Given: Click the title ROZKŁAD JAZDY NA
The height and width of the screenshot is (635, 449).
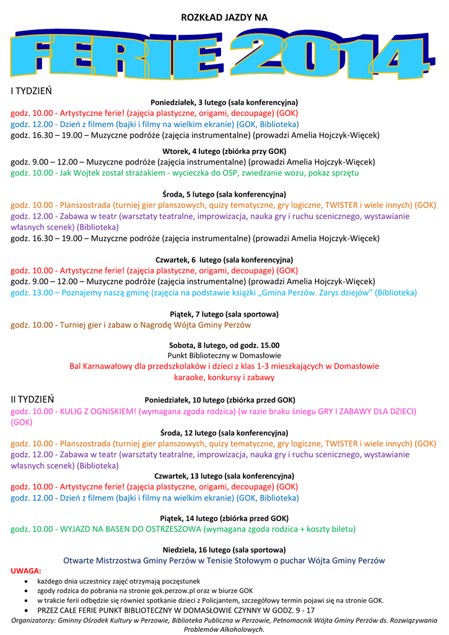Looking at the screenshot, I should pos(224,18).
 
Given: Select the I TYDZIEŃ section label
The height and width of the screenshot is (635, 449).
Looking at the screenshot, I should pos(31,91).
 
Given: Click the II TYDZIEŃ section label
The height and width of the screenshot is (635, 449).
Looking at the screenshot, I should pos(32,399).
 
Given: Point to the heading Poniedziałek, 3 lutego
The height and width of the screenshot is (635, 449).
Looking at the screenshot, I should pos(224,102).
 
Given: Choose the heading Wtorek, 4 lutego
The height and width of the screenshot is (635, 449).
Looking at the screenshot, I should pos(224,151).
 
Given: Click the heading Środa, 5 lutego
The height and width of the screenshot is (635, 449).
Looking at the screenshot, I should pos(224,194).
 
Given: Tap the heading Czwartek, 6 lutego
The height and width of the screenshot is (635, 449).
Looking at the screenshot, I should pos(224,260).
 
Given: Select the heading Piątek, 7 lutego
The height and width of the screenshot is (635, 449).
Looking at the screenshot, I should pos(224,314).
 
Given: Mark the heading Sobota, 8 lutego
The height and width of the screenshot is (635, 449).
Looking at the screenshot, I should pos(224,345).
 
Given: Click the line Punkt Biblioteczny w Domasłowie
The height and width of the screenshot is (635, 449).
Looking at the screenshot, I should pos(224,356).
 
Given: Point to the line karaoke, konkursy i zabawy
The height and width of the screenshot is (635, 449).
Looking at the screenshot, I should pos(224,377).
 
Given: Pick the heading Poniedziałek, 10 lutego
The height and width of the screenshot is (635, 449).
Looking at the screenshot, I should pos(220,400).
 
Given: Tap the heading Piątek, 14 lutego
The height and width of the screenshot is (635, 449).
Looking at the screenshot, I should pos(224,518).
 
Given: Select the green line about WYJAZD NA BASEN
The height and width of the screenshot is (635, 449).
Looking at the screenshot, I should pos(183,529).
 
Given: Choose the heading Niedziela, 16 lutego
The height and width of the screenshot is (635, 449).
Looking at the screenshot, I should pos(224,550).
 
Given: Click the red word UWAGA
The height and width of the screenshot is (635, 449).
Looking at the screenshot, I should pos(26,570).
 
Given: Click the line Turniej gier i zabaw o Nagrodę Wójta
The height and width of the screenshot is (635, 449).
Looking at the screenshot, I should pos(131,325).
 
